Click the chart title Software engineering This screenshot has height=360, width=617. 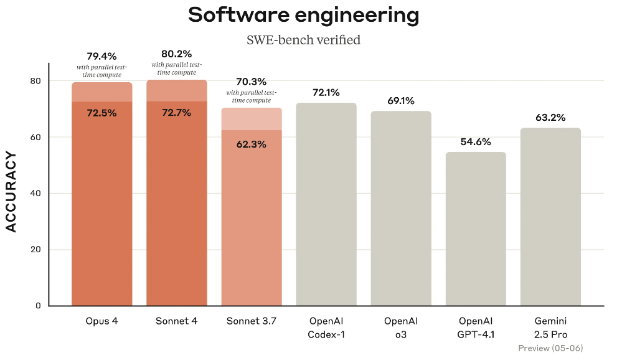(x=303, y=15)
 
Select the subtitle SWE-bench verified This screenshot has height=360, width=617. (x=303, y=40)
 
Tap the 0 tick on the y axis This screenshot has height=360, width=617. (x=37, y=306)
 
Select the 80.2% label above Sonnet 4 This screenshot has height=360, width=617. (x=176, y=54)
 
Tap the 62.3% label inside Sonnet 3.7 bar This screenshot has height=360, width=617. (x=251, y=144)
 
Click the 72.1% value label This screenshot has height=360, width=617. (x=326, y=92)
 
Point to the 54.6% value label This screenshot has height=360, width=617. (x=476, y=141)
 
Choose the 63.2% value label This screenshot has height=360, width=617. (x=550, y=117)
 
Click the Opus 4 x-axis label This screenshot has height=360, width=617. (x=102, y=321)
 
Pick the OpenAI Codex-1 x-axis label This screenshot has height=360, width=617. (x=326, y=328)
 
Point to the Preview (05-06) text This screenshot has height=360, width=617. (x=550, y=348)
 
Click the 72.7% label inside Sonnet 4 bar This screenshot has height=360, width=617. (x=176, y=113)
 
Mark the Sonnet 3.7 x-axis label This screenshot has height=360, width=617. (x=251, y=321)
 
